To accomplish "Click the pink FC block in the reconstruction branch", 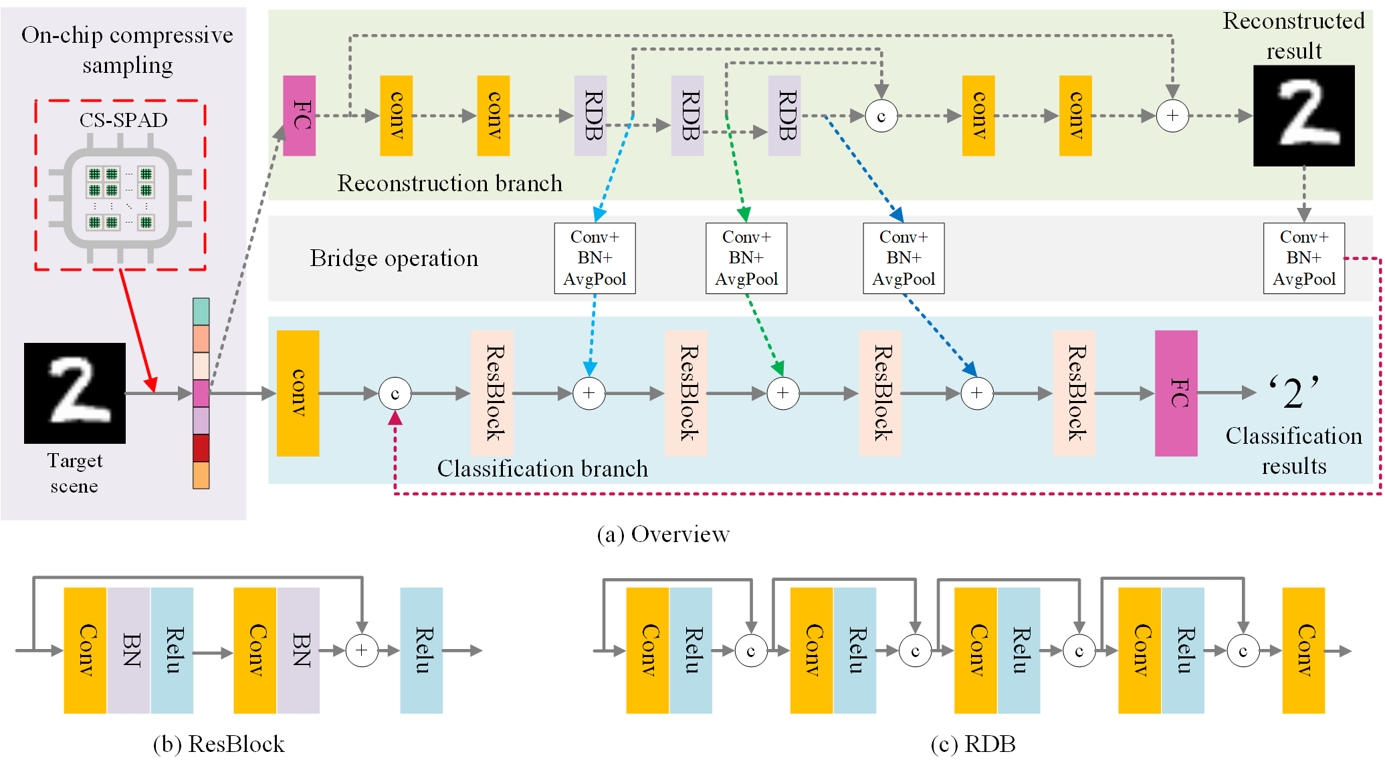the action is [x=299, y=116].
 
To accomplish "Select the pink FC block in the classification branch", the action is [x=1176, y=393].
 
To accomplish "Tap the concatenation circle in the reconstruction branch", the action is [x=881, y=116].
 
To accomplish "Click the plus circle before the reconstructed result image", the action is [x=1172, y=116].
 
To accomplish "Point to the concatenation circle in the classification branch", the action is [x=395, y=394].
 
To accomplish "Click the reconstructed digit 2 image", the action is [x=1303, y=116].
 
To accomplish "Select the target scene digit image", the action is [x=75, y=393].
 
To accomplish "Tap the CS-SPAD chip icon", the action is [x=120, y=199].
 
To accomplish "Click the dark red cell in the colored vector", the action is [x=201, y=448].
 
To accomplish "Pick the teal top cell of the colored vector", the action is [x=201, y=311].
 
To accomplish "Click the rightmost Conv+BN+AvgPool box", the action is [x=1304, y=258].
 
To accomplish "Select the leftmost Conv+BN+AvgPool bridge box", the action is [x=595, y=258].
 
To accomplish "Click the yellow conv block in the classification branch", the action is [x=298, y=393].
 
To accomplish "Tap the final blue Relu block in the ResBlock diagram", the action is [x=421, y=650].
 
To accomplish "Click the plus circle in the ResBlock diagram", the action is [x=362, y=650].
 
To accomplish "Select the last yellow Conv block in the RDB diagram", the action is [x=1303, y=650].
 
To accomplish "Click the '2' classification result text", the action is [x=1293, y=392].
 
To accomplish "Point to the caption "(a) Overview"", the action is [x=663, y=534].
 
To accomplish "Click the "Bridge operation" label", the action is [x=394, y=258].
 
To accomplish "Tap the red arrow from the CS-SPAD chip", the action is [x=138, y=331].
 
